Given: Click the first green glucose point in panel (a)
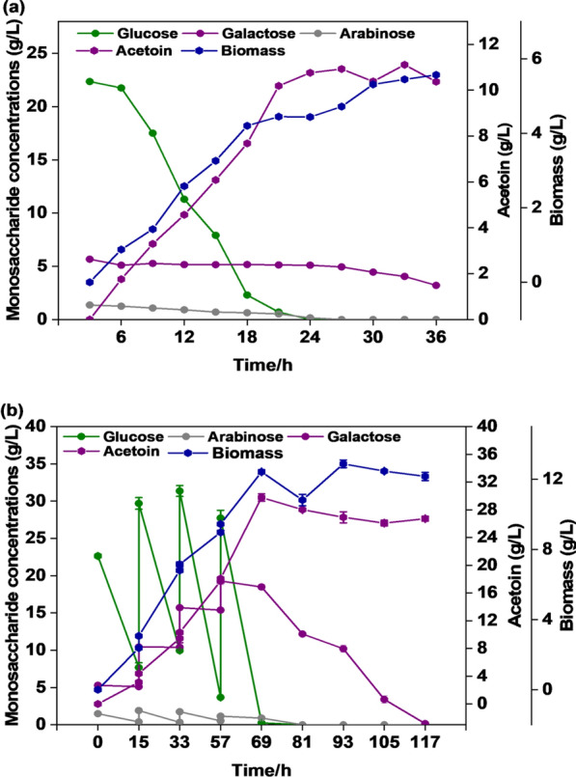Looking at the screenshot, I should tap(90, 81).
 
